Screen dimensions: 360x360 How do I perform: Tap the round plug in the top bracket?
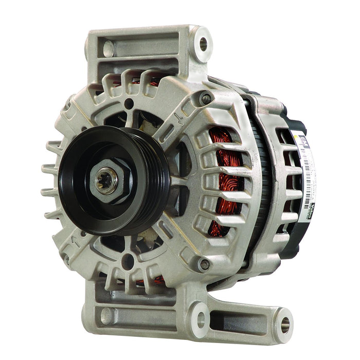pos(109,49)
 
